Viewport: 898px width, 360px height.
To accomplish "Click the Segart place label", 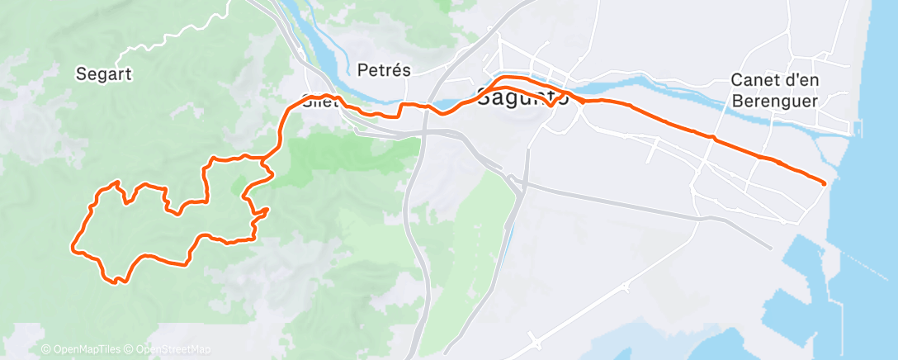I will coord(104,73).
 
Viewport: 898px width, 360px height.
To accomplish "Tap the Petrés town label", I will coord(385,70).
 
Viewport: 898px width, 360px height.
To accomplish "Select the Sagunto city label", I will coord(524,97).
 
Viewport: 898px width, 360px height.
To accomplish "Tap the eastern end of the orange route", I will coord(824,182).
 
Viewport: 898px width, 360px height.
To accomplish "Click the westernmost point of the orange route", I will coord(74,245).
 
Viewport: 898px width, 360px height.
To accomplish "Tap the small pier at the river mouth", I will coord(858,129).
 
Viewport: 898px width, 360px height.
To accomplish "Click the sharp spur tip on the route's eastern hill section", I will coord(268,210).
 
